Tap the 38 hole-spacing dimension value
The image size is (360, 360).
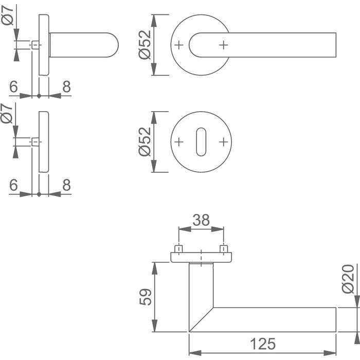[201, 220]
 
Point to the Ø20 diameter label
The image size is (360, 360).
[348, 279]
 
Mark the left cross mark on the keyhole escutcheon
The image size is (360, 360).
[179, 141]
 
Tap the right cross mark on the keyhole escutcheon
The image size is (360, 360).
[223, 141]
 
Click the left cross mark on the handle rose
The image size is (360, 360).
[179, 45]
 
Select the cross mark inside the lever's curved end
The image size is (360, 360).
[223, 45]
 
